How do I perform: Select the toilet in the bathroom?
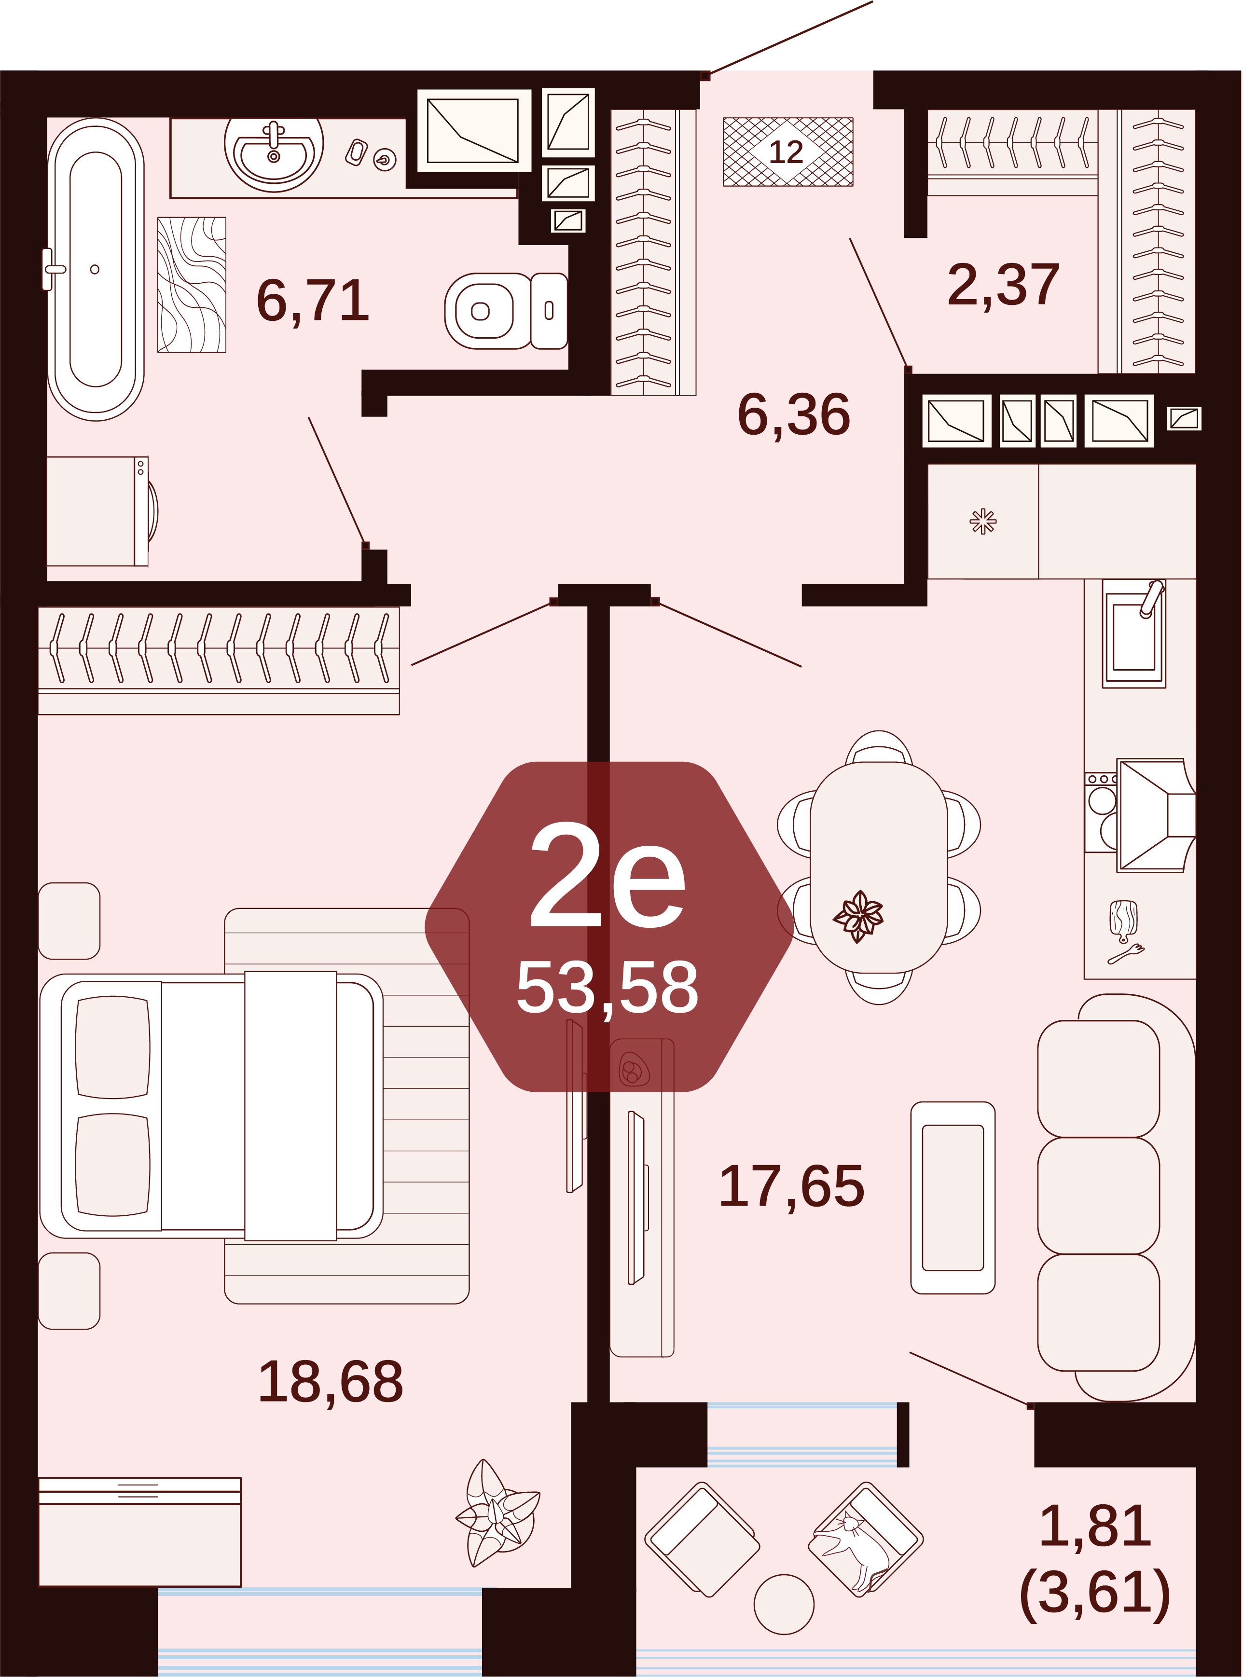point(506,311)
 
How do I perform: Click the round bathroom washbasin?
point(274,151)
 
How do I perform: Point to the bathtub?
point(96,269)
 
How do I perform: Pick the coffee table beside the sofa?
point(953,1198)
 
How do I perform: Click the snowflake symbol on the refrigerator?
point(982,522)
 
